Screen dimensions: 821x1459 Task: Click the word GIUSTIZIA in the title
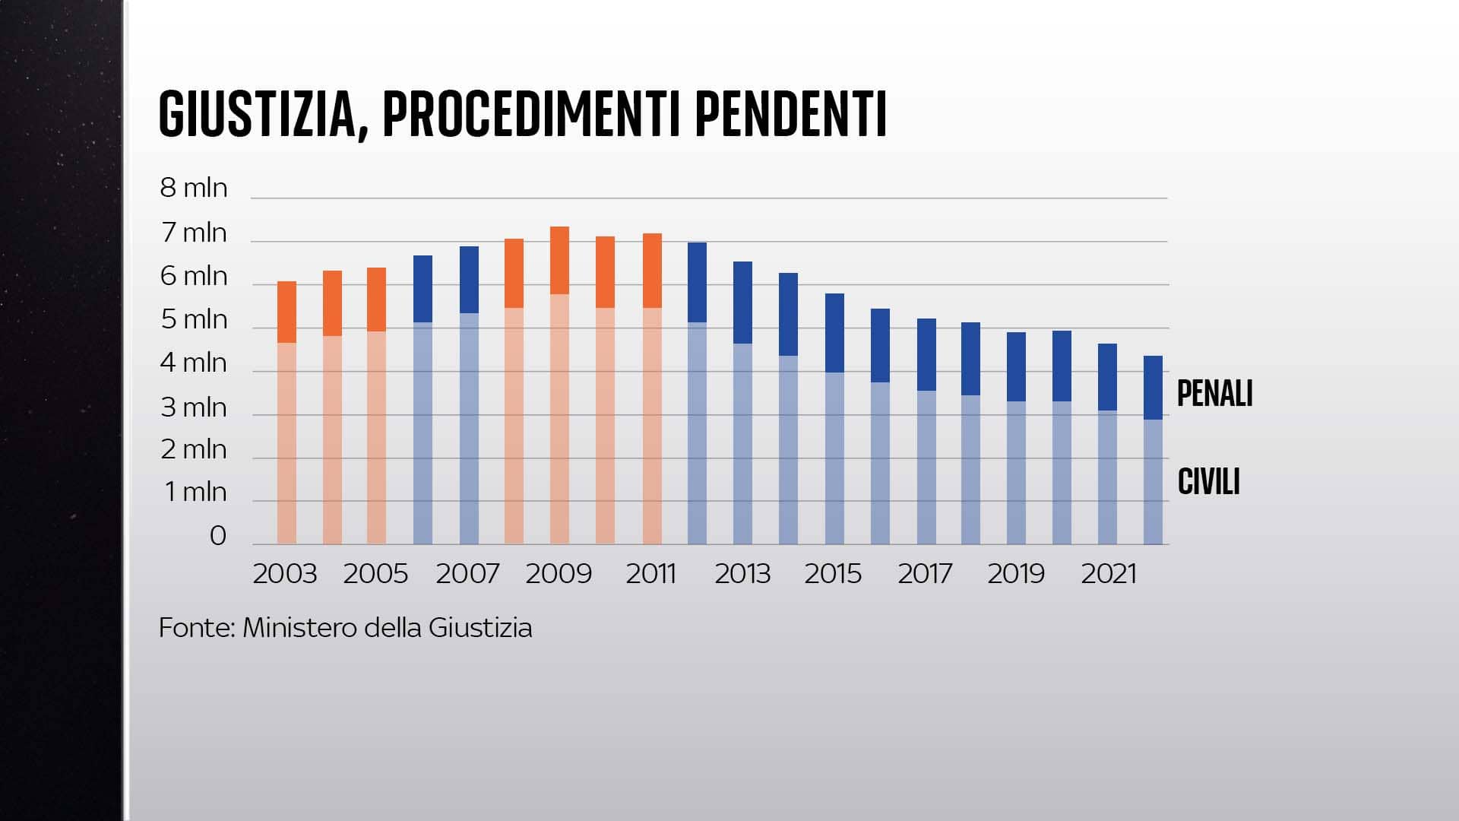[x=258, y=114]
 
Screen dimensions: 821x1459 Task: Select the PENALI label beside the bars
[x=1214, y=394]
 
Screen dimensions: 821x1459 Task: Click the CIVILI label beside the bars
[x=1208, y=482]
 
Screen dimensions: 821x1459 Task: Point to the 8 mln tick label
[x=193, y=188]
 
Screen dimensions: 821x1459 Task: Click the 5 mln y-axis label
[x=193, y=320]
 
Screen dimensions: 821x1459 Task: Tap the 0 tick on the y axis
[x=217, y=536]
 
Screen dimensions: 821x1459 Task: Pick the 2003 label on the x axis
[x=284, y=574]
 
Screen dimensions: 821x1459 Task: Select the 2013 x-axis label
[x=742, y=574]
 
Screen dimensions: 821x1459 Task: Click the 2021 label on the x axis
[x=1108, y=574]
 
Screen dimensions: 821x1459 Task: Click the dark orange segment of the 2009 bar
[x=559, y=260]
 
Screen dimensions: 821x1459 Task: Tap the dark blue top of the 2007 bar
[x=469, y=279]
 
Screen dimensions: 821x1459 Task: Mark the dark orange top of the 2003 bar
[x=286, y=312]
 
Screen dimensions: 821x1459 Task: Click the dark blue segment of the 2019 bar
[x=1016, y=366]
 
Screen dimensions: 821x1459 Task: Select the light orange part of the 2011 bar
[x=652, y=426]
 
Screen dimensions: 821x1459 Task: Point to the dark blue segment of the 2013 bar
[x=742, y=303]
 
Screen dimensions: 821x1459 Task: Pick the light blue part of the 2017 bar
[x=926, y=468]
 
